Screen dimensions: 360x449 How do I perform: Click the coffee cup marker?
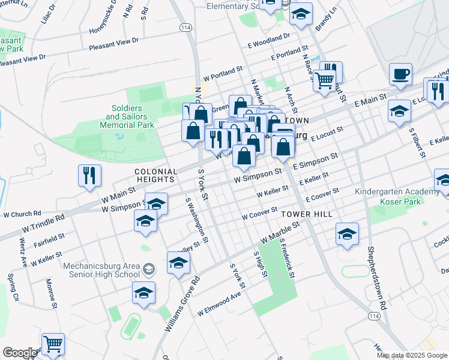coord(400,74)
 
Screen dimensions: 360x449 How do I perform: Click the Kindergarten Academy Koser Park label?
coord(397,197)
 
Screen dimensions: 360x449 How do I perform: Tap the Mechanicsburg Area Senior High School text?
coord(106,270)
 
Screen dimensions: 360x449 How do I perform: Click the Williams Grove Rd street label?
coord(181,304)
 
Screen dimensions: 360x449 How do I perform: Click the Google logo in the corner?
coord(19,353)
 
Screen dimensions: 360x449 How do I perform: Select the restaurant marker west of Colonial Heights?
coord(89,175)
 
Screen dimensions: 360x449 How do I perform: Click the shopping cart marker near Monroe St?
coord(53,344)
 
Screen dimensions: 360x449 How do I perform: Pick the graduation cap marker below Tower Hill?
coord(347,235)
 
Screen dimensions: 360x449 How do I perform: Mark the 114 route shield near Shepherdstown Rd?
coord(375,316)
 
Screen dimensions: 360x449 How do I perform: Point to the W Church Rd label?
coord(22,213)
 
